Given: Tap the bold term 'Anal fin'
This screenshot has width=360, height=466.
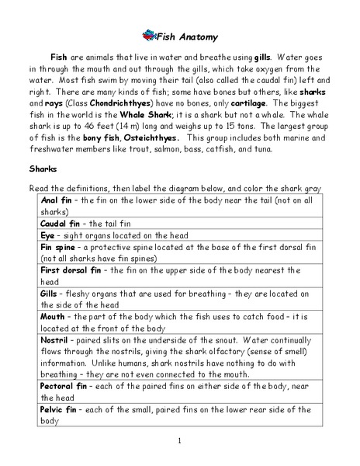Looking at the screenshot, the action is pos(57,200).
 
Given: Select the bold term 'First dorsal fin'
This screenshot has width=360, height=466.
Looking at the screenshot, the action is pos(71,270).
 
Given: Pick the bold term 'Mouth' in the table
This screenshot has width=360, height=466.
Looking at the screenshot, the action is pos(54,318).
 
